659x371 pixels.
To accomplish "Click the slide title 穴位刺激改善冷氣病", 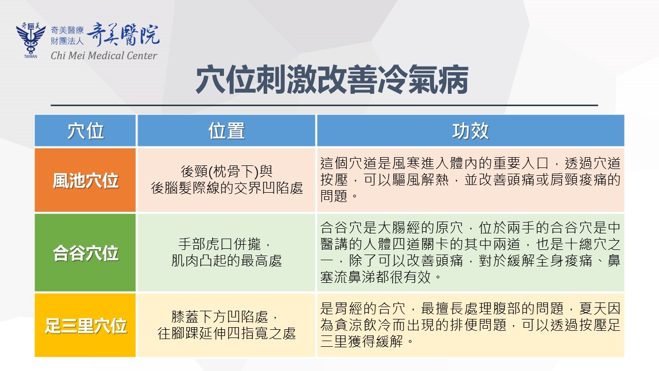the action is pyautogui.click(x=332, y=79).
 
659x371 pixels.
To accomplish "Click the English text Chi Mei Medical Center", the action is pyautogui.click(x=104, y=55).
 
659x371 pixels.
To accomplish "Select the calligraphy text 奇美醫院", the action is pyautogui.click(x=123, y=35).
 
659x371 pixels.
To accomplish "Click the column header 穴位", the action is pyautogui.click(x=85, y=131).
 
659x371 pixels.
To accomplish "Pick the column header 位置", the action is pyautogui.click(x=226, y=131).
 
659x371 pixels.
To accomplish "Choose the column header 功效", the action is pyautogui.click(x=471, y=131).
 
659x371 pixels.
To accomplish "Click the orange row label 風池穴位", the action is pyautogui.click(x=85, y=180).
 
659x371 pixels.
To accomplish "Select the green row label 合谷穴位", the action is pyautogui.click(x=85, y=252).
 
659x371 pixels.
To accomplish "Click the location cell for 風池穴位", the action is pyautogui.click(x=226, y=180).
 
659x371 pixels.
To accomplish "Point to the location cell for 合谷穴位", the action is pyautogui.click(x=226, y=252).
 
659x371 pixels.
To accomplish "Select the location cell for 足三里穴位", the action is pyautogui.click(x=226, y=325).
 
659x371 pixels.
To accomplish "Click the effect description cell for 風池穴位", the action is pyautogui.click(x=471, y=180).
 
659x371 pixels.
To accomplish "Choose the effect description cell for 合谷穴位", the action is pyautogui.click(x=471, y=252).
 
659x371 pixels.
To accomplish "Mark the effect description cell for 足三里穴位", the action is pyautogui.click(x=471, y=325).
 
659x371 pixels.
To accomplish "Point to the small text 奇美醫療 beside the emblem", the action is pyautogui.click(x=67, y=30).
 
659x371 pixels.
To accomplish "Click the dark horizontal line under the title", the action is pyautogui.click(x=324, y=105).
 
